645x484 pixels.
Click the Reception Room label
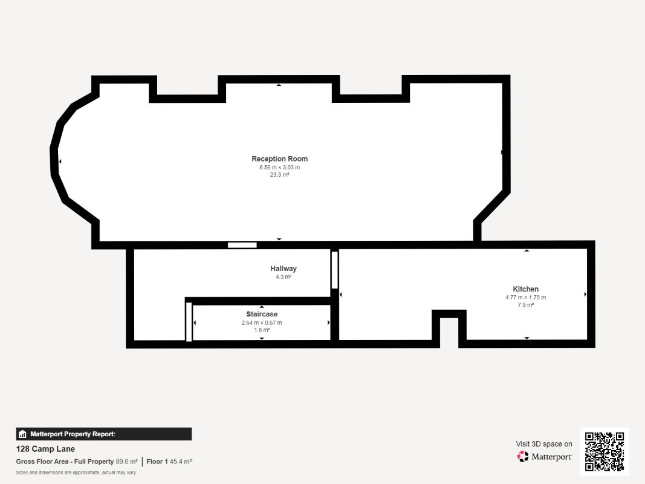(280, 159)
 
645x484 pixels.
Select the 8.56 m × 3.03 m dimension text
(280, 168)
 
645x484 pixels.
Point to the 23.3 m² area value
(280, 175)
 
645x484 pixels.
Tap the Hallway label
(284, 269)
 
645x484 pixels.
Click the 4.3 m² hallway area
(284, 277)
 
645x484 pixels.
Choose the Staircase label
(262, 314)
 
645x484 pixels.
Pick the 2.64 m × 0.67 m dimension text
(262, 322)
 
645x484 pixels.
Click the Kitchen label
(526, 289)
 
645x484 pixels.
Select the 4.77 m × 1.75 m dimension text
(526, 298)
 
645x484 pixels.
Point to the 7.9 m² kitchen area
(526, 305)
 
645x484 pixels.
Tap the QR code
(604, 451)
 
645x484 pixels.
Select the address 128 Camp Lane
(45, 449)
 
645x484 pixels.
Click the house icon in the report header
(22, 434)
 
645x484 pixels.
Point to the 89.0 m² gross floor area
(127, 462)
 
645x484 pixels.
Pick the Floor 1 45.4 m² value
(169, 462)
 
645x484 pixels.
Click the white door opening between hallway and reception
(242, 245)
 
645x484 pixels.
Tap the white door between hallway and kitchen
(334, 270)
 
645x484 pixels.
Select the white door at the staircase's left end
(189, 322)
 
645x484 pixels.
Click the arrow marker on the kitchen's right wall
(585, 294)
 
